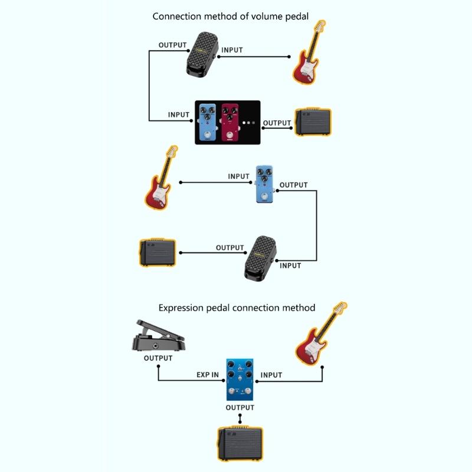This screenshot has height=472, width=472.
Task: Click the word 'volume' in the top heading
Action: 258,17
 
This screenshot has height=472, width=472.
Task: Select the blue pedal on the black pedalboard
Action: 206,122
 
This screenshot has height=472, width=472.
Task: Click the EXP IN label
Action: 208,375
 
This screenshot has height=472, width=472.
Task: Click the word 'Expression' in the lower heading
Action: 182,308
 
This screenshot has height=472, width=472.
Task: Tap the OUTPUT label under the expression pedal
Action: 158,358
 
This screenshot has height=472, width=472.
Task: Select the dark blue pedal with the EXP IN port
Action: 240,378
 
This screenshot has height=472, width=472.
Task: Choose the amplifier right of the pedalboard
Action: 313,122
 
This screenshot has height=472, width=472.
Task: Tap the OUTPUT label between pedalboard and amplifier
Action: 277,123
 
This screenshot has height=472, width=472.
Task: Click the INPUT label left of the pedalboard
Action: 179,115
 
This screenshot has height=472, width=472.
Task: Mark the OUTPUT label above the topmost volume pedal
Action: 173,45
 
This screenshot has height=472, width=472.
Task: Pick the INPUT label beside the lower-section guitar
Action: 271,375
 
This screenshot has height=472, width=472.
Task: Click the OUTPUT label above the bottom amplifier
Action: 240,408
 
